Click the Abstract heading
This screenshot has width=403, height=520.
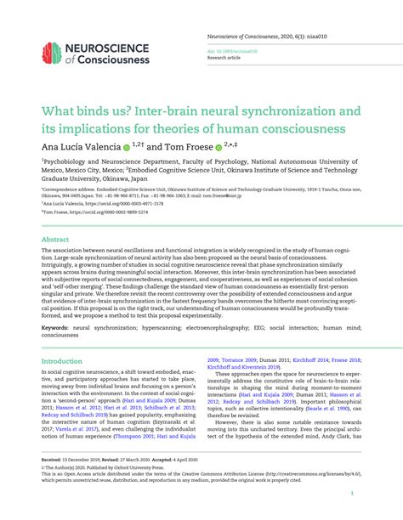point(55,240)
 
